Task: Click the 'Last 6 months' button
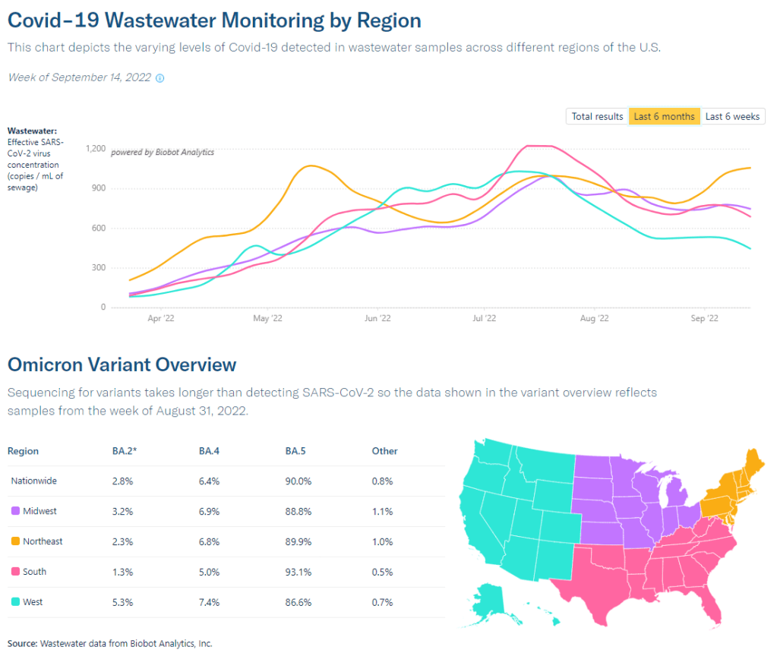pyautogui.click(x=664, y=116)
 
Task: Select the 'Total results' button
pyautogui.click(x=597, y=116)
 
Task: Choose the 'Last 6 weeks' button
pyautogui.click(x=732, y=116)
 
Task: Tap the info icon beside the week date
pyautogui.click(x=160, y=78)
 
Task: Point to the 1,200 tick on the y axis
pyautogui.click(x=96, y=148)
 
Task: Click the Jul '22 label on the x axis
pyautogui.click(x=484, y=319)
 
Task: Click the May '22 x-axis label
pyautogui.click(x=261, y=319)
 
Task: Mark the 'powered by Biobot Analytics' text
pyautogui.click(x=163, y=153)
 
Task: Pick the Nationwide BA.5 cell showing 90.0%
pyautogui.click(x=298, y=481)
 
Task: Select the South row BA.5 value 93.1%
pyautogui.click(x=298, y=572)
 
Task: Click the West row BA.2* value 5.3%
pyautogui.click(x=122, y=602)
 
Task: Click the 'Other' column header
pyautogui.click(x=384, y=451)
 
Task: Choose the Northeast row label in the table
pyautogui.click(x=43, y=541)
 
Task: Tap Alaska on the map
pyautogui.click(x=494, y=600)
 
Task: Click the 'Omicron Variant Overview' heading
pyautogui.click(x=122, y=364)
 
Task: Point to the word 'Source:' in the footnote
pyautogui.click(x=22, y=643)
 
